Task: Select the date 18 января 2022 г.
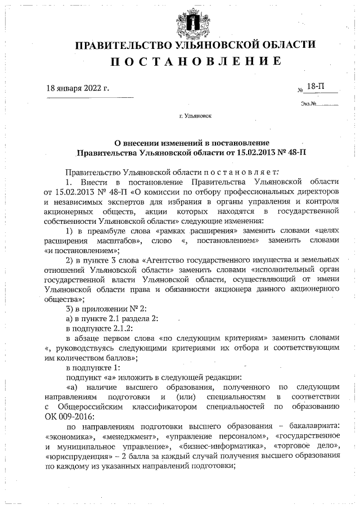click(77, 88)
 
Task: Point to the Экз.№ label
click(309, 103)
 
